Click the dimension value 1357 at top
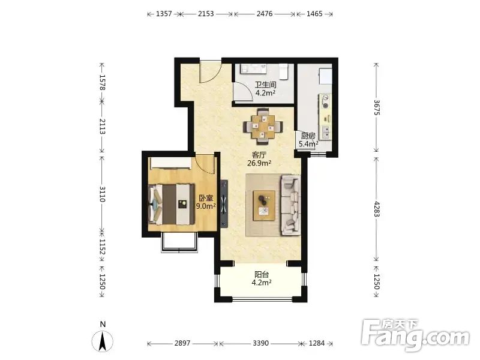click(x=164, y=14)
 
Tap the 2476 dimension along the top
click(x=265, y=14)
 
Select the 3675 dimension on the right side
click(x=377, y=107)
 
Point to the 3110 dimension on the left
click(x=102, y=194)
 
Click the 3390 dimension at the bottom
click(x=260, y=343)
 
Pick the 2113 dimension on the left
click(x=102, y=127)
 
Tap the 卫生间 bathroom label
click(x=266, y=85)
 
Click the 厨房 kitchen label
click(x=308, y=136)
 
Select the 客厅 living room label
click(x=259, y=155)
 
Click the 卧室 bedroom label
click(x=206, y=198)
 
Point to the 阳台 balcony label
click(x=262, y=275)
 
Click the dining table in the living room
click(x=263, y=126)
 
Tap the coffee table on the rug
click(x=264, y=205)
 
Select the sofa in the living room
click(x=290, y=205)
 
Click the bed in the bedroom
click(x=172, y=204)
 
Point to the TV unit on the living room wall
click(x=224, y=204)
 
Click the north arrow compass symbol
click(x=103, y=341)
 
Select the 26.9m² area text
click(x=259, y=163)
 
